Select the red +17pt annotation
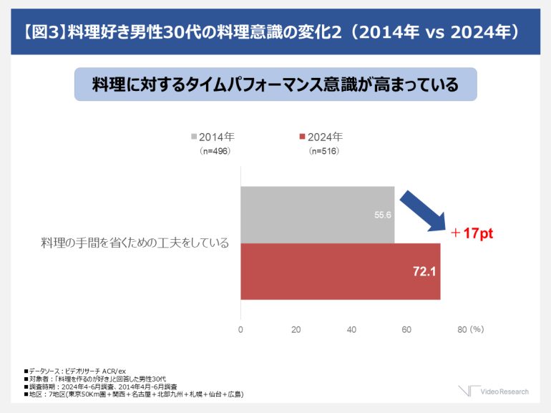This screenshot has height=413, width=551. pos(472,233)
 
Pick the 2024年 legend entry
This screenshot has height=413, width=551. pos(322,137)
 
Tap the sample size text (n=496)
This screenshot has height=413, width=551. pos(215,151)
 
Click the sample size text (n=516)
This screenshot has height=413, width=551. pos(323,151)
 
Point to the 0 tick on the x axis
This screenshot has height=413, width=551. pos(240,329)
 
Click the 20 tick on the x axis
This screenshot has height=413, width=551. pos(296,329)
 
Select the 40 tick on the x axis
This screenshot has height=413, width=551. pos(351,329)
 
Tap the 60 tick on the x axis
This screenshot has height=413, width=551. pos(406,329)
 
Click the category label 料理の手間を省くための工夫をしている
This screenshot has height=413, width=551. pos(135,243)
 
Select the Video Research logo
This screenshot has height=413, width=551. pos(494,391)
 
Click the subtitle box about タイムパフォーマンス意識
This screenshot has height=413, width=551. pos(275,84)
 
